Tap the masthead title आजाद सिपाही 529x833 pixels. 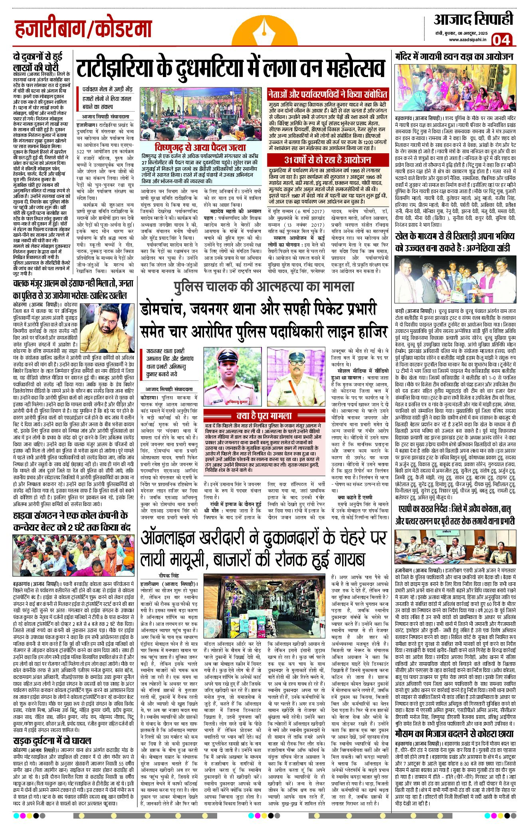pyautogui.click(x=474, y=19)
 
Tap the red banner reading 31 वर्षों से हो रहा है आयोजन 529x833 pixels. pyautogui.click(x=327, y=160)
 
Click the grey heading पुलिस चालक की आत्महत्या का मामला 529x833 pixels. pyautogui.click(x=264, y=286)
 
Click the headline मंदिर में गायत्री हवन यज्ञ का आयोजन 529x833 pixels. pyautogui.click(x=454, y=56)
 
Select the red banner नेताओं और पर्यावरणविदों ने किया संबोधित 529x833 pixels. pyautogui.click(x=327, y=95)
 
